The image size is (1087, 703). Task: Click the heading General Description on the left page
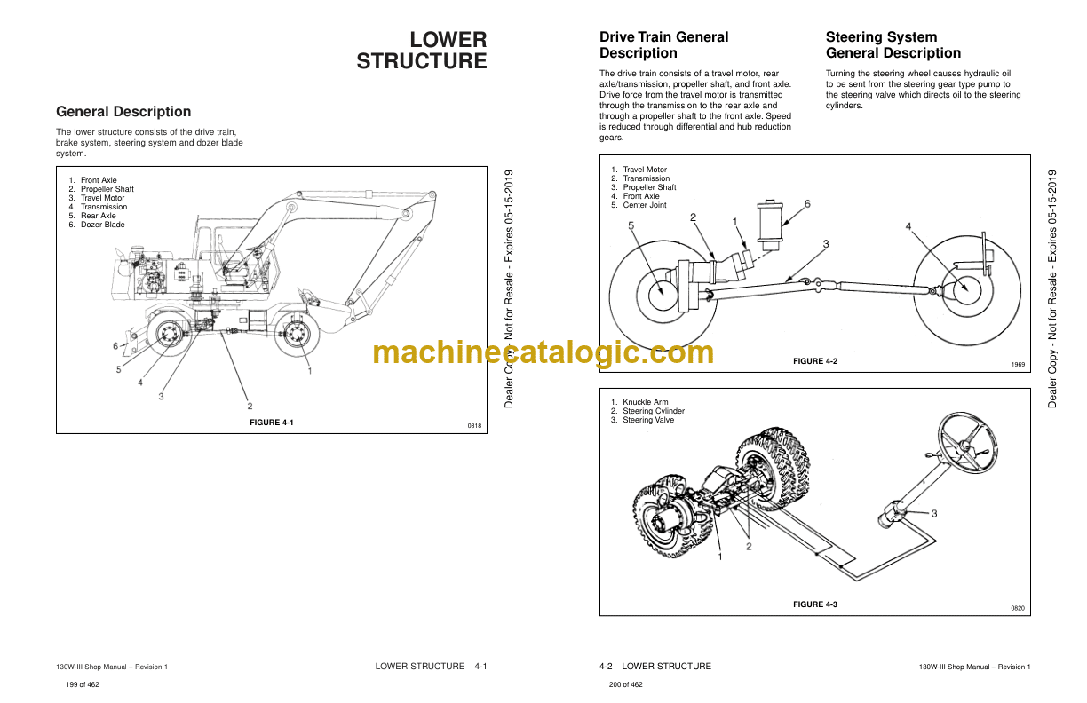pos(123,112)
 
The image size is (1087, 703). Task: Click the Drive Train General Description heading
pos(663,45)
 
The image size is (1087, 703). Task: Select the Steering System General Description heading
pos(893,45)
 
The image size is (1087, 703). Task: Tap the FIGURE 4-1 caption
pos(272,423)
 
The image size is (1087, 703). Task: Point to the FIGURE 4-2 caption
pos(814,361)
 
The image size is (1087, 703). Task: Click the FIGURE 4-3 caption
pos(814,604)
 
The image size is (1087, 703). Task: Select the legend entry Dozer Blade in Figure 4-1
pos(103,225)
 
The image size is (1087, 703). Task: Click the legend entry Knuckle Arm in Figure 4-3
pos(645,402)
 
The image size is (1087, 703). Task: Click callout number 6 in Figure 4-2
pos(807,204)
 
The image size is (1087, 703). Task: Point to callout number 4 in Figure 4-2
pos(908,227)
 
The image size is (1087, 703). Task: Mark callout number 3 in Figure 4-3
pos(933,513)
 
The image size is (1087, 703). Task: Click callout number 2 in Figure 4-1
pos(250,406)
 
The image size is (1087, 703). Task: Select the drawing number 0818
pos(474,426)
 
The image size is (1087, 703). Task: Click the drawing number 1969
pos(1018,365)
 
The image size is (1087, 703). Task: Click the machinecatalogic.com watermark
pos(543,352)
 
